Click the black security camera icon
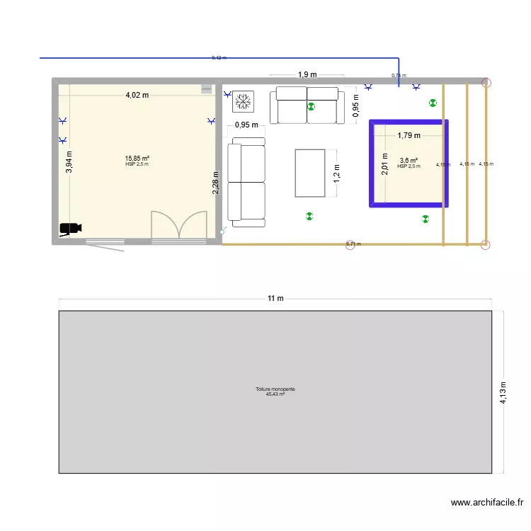click(70, 228)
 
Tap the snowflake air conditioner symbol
click(244, 101)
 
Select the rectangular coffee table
click(309, 173)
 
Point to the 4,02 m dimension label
click(137, 94)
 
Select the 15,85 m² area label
click(137, 159)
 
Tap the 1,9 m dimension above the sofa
click(307, 74)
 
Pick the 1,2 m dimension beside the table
click(337, 173)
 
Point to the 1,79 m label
click(409, 135)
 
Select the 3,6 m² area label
click(409, 161)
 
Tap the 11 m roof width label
click(275, 298)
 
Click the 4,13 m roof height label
click(503, 392)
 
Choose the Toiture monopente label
click(275, 389)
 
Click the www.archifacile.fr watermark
click(487, 503)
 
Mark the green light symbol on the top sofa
click(311, 108)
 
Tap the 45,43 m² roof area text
click(275, 394)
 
